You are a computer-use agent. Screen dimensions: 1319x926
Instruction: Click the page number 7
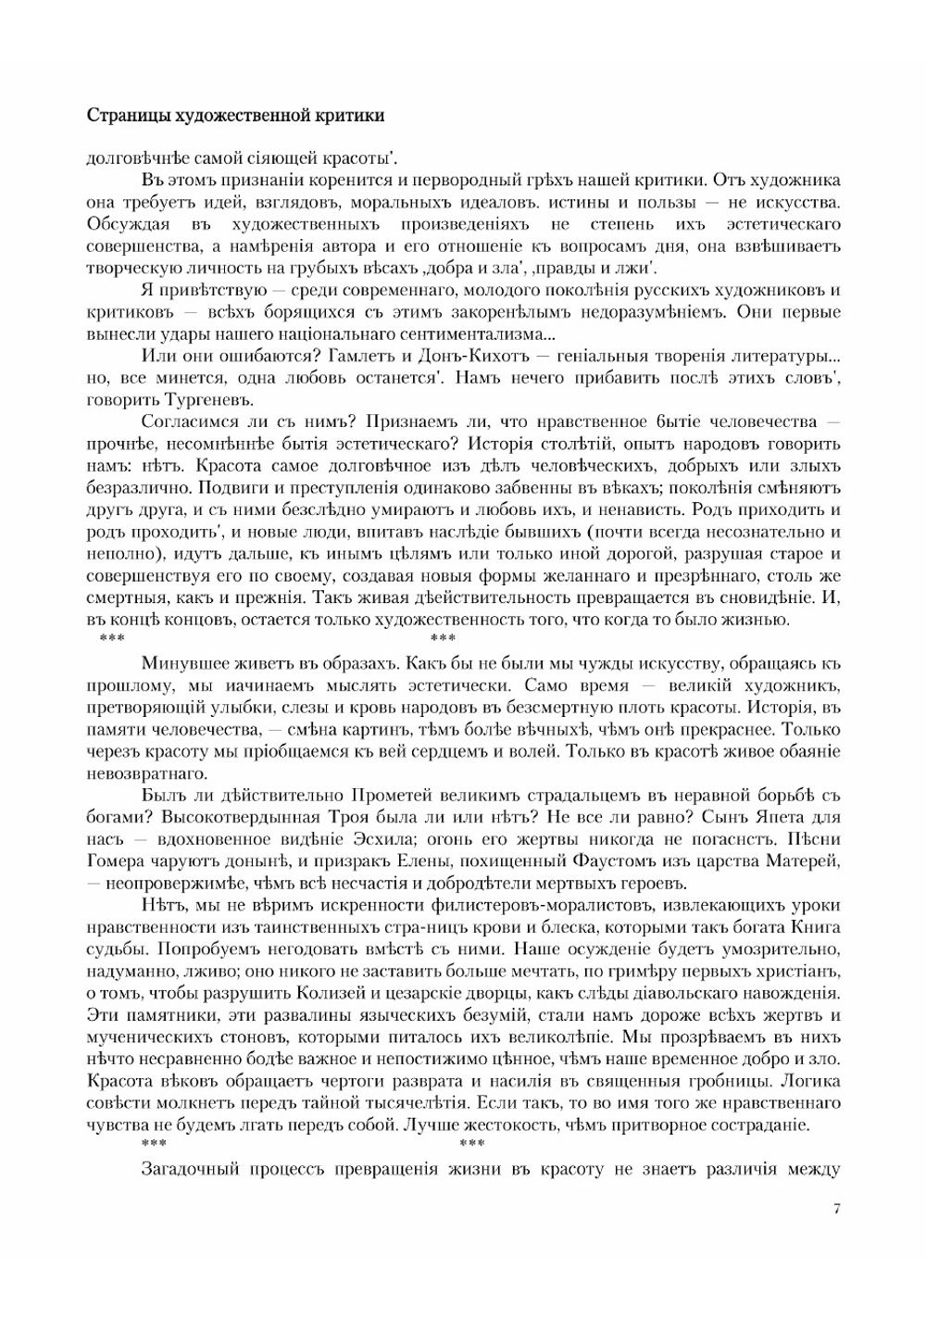click(x=837, y=1209)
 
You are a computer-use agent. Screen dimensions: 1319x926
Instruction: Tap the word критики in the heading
click(x=352, y=116)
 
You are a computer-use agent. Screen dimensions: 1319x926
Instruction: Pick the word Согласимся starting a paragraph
click(x=186, y=422)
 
